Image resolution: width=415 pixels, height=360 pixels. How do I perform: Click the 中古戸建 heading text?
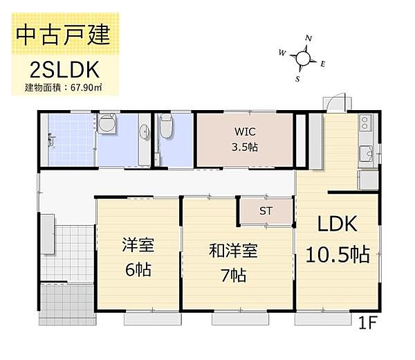pyautogui.click(x=64, y=35)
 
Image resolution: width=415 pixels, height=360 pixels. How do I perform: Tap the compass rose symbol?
pyautogui.click(x=303, y=58)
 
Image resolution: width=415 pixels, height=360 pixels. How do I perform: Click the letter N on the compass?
pyautogui.click(x=308, y=39)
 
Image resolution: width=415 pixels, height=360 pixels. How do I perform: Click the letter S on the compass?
pyautogui.click(x=297, y=79)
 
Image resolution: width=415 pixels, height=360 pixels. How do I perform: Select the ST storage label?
pyautogui.click(x=266, y=211)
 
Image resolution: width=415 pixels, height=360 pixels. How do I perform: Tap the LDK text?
pyautogui.click(x=337, y=225)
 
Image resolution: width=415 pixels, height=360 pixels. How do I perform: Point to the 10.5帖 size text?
pyautogui.click(x=337, y=255)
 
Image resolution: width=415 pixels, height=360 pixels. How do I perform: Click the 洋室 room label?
pyautogui.click(x=138, y=245)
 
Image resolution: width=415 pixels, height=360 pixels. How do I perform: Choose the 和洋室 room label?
pyautogui.click(x=233, y=250)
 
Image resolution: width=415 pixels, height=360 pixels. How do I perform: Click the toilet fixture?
pyautogui.click(x=167, y=129)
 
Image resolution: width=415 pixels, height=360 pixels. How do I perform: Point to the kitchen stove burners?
pyautogui.click(x=365, y=125)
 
